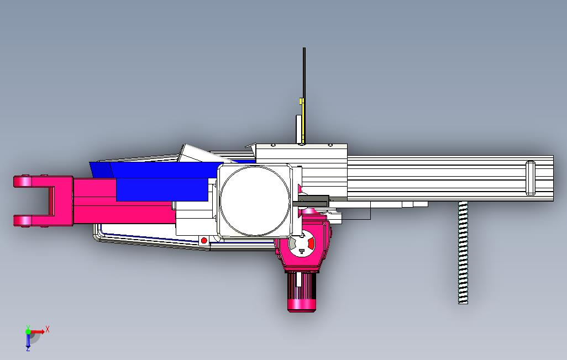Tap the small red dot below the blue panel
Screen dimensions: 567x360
pos(204,240)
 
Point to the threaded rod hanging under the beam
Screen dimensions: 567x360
pos(463,253)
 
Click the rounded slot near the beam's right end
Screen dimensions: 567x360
pos(531,178)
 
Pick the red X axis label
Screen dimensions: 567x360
pos(47,329)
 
